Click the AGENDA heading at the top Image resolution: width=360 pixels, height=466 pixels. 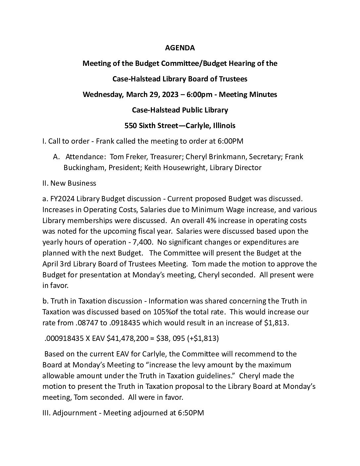(x=180, y=48)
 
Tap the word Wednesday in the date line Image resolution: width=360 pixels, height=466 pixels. (x=103, y=95)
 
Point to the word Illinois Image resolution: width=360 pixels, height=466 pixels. (x=222, y=126)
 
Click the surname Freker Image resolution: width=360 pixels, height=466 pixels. (x=135, y=157)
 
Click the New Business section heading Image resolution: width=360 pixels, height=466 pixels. (x=73, y=183)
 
